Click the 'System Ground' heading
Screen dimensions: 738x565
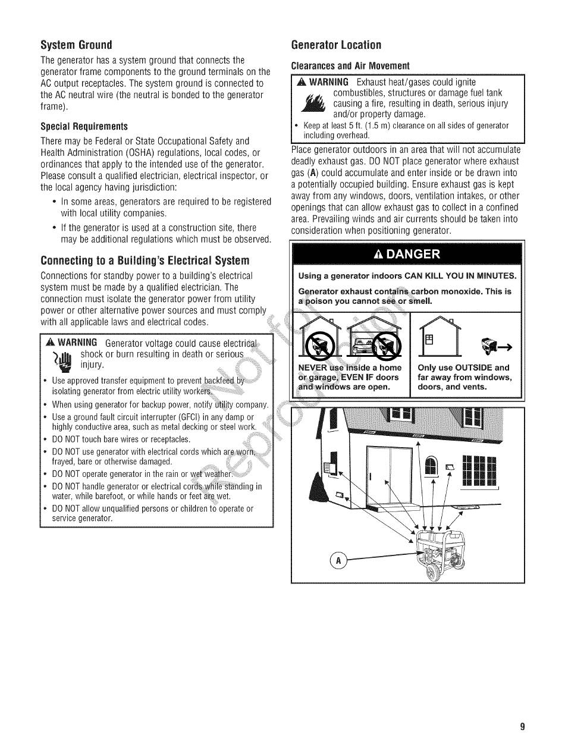[x=76, y=45]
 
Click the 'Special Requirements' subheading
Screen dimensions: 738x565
[x=84, y=127]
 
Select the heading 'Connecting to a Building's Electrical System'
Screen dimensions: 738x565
[x=145, y=260]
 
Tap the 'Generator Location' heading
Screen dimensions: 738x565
[x=336, y=45]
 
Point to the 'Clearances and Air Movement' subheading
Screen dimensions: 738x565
[x=350, y=65]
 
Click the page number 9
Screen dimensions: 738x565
[x=522, y=726]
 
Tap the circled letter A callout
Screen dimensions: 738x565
[x=338, y=560]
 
